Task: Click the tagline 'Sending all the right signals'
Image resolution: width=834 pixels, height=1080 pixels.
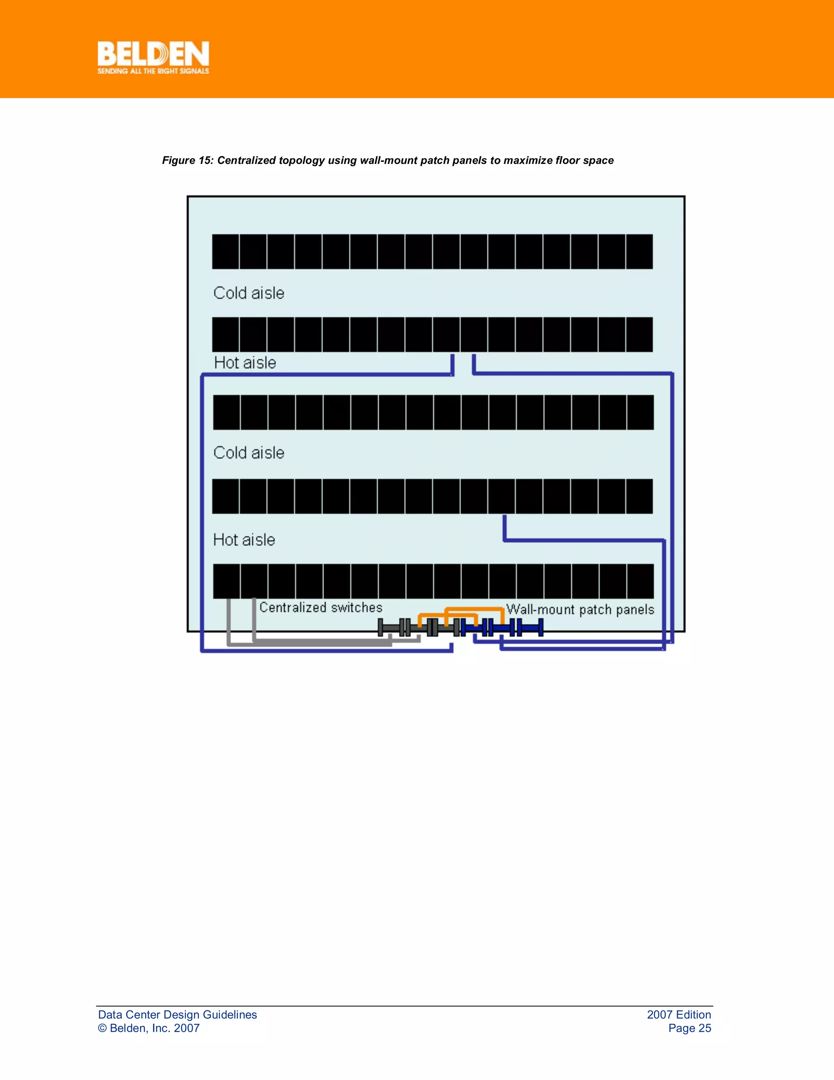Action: tap(153, 71)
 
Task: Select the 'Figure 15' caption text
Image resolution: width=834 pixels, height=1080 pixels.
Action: tap(387, 160)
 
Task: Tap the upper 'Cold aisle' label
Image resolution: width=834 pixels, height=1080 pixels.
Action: tap(248, 293)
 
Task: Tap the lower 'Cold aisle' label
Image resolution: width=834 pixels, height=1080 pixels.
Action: tap(248, 453)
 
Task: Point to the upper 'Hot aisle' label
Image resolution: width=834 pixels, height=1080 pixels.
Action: tap(245, 363)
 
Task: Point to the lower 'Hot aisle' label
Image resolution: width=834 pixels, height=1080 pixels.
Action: tap(244, 540)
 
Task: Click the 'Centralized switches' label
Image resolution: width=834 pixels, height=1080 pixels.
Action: tap(320, 607)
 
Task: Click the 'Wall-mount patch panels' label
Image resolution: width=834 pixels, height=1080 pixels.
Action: tap(580, 610)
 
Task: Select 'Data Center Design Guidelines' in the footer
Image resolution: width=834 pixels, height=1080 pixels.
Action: tap(178, 1015)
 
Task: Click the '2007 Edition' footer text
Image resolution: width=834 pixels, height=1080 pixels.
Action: tap(679, 1015)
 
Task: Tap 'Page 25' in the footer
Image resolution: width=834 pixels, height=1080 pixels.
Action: tap(689, 1028)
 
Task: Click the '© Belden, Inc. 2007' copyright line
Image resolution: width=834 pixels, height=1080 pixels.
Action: tap(149, 1028)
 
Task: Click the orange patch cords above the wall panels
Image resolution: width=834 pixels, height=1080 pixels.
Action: tap(461, 609)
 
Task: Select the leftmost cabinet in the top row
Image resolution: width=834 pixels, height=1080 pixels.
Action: tap(226, 252)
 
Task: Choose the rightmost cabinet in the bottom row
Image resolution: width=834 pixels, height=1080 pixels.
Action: tap(640, 581)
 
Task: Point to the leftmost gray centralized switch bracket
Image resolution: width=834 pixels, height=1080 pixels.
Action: tap(380, 628)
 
